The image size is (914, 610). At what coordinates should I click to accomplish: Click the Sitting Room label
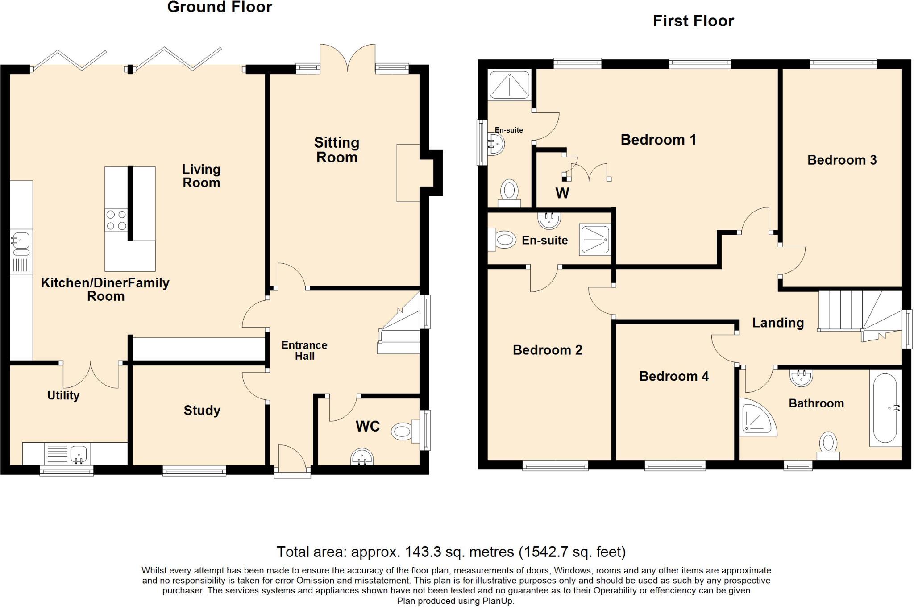337,150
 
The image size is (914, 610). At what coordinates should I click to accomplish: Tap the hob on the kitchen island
116,220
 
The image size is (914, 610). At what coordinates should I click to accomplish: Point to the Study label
202,411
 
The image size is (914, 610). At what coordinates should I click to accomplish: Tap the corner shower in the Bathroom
757,417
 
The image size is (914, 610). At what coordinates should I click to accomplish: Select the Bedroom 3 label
842,160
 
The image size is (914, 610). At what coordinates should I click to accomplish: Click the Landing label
778,323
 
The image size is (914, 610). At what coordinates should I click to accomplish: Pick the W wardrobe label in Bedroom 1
562,193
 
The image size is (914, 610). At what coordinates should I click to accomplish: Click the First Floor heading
694,21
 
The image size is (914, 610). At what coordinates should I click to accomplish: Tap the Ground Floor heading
220,7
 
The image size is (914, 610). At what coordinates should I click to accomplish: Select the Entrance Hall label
304,350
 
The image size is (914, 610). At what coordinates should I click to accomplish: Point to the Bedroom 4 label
674,376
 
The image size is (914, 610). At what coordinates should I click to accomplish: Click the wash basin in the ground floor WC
362,457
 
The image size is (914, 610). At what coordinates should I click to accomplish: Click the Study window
194,470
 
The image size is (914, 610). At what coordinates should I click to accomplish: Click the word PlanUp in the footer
498,601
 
